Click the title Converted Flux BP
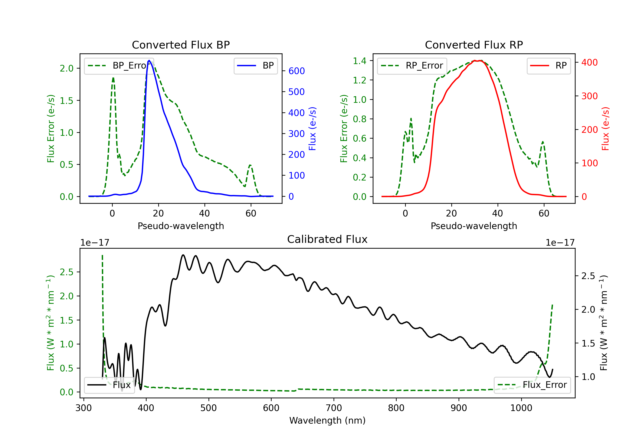(181, 45)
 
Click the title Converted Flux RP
(474, 45)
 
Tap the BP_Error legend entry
(119, 66)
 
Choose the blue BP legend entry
(255, 66)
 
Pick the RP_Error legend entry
(412, 66)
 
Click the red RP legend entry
(548, 66)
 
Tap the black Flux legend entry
(109, 385)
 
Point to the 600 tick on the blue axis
(296, 71)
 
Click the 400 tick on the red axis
(589, 62)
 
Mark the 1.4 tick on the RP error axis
(360, 61)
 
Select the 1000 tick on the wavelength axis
(521, 408)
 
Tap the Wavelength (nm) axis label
(327, 420)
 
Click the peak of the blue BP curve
(149, 60)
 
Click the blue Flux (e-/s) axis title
(312, 129)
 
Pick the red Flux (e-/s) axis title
(605, 129)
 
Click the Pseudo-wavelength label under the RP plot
(474, 226)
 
